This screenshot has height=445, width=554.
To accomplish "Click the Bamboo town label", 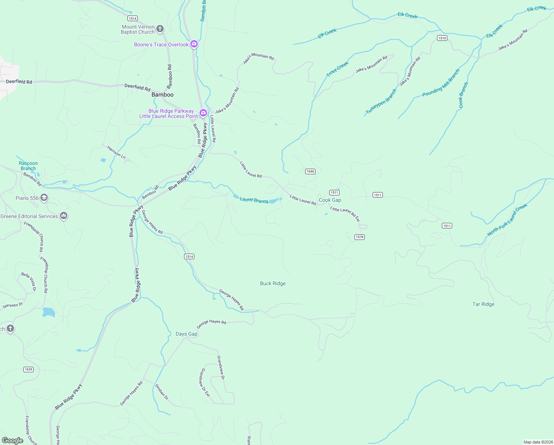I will [x=162, y=95].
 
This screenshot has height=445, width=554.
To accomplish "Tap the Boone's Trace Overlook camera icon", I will [x=194, y=44].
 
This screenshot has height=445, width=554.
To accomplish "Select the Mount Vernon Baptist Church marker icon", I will [x=160, y=29].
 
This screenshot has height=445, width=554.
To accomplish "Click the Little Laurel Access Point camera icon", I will [x=203, y=113].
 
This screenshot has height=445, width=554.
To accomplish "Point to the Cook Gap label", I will [x=330, y=200].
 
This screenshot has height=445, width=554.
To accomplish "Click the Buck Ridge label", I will [x=273, y=283].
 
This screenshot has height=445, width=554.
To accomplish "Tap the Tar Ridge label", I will [x=483, y=304].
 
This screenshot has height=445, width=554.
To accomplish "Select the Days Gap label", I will [x=186, y=334].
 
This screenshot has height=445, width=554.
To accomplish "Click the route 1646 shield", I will [x=310, y=171].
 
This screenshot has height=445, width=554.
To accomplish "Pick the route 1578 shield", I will [x=359, y=237].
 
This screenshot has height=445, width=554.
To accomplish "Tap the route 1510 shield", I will [x=442, y=38].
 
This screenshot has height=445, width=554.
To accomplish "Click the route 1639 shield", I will [x=28, y=369].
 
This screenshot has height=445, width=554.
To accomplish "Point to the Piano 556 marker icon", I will [x=44, y=198].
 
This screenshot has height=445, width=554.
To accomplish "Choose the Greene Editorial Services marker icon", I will [x=64, y=215].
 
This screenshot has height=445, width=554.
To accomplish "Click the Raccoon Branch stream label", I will [x=28, y=166].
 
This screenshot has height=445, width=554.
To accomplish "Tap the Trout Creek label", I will [x=337, y=69].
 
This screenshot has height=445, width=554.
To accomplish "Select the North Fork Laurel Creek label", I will [x=507, y=220].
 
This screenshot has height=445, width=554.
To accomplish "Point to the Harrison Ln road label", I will [x=116, y=152].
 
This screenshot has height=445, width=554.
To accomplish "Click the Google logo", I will [x=12, y=441].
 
